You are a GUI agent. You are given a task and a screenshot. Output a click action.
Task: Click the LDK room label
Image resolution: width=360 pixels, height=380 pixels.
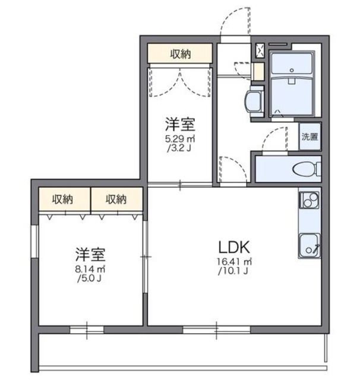coord(236,246)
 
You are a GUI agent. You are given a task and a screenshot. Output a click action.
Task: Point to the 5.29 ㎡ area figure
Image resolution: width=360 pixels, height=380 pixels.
coord(180,139)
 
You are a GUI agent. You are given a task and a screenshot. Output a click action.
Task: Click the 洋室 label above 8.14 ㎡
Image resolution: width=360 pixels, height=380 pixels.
coord(90,256)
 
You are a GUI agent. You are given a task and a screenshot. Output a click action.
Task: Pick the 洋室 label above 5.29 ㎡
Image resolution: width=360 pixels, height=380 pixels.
coord(181,125)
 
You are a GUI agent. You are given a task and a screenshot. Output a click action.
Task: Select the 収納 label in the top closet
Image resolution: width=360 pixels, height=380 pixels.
coord(181,55)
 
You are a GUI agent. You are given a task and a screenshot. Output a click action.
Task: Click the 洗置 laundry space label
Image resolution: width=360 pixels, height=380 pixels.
coord(310,137)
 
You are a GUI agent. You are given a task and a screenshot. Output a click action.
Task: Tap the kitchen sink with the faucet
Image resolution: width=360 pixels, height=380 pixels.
coord(309,243)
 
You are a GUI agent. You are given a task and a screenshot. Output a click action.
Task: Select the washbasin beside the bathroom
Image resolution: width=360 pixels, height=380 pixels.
coord(255,101)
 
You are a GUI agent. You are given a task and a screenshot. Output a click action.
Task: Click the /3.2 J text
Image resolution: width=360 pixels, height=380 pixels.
coord(180,148)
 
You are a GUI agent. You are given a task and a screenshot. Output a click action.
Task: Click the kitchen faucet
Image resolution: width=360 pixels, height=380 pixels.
coord(315,246)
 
